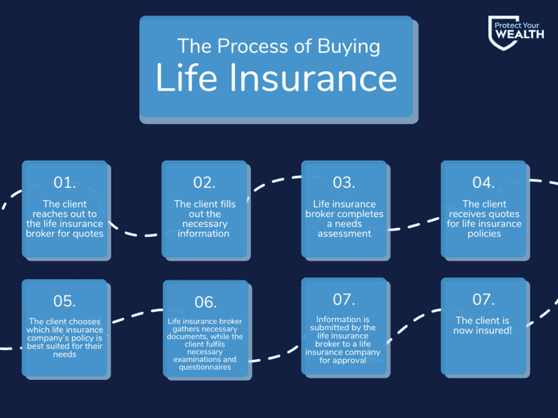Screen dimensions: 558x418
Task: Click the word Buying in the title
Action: [x=349, y=47]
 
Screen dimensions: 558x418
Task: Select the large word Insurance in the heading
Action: [x=313, y=78]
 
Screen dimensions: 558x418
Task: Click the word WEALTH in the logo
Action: [x=520, y=34]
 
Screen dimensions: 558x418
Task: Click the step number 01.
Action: [x=65, y=182]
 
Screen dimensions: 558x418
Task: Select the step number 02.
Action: [x=204, y=182]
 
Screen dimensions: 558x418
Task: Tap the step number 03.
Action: [x=344, y=182]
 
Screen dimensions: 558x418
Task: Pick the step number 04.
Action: [x=483, y=182]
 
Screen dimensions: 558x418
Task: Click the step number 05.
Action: [x=65, y=301]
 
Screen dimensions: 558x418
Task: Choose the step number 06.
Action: [x=206, y=302]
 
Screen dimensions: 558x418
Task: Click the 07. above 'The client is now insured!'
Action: [x=483, y=300]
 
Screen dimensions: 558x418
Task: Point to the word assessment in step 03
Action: [x=344, y=233]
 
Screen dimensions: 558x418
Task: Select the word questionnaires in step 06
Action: [x=204, y=367]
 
